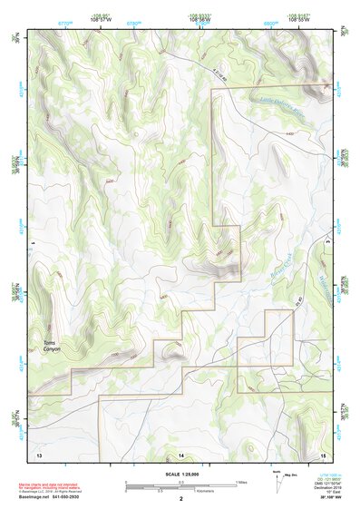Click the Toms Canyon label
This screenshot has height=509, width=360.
coord(50,346)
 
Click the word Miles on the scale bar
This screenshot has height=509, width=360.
coord(240,482)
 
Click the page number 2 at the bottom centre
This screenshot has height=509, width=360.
coord(180,499)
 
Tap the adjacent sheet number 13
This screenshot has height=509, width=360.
coord(39,453)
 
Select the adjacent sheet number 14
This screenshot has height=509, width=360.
coord(180,453)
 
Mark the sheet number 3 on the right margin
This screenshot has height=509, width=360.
coord(326,243)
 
